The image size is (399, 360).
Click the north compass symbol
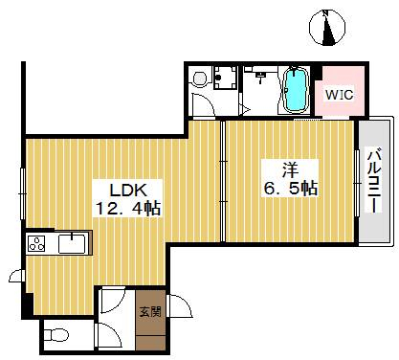coord(327,28)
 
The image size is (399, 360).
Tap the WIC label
coord(339,95)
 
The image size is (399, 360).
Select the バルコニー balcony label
coord(374,181)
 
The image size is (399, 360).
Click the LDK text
coord(128,191)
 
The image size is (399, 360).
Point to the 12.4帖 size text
coord(128,209)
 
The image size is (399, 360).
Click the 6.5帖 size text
coord(291,188)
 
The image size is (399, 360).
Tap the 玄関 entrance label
coord(150,312)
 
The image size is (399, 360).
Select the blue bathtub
coord(297,90)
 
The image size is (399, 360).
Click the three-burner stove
coord(36,243)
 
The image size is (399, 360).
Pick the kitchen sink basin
coord(72,244)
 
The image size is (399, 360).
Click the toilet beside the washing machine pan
coord(201,79)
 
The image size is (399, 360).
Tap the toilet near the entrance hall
coord(56,335)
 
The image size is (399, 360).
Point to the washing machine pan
coord(225,78)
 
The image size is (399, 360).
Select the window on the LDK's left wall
coord(22,193)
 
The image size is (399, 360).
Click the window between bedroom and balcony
coord(357,183)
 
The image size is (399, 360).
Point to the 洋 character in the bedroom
coord(290,170)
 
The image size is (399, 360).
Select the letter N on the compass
coord(325,13)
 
